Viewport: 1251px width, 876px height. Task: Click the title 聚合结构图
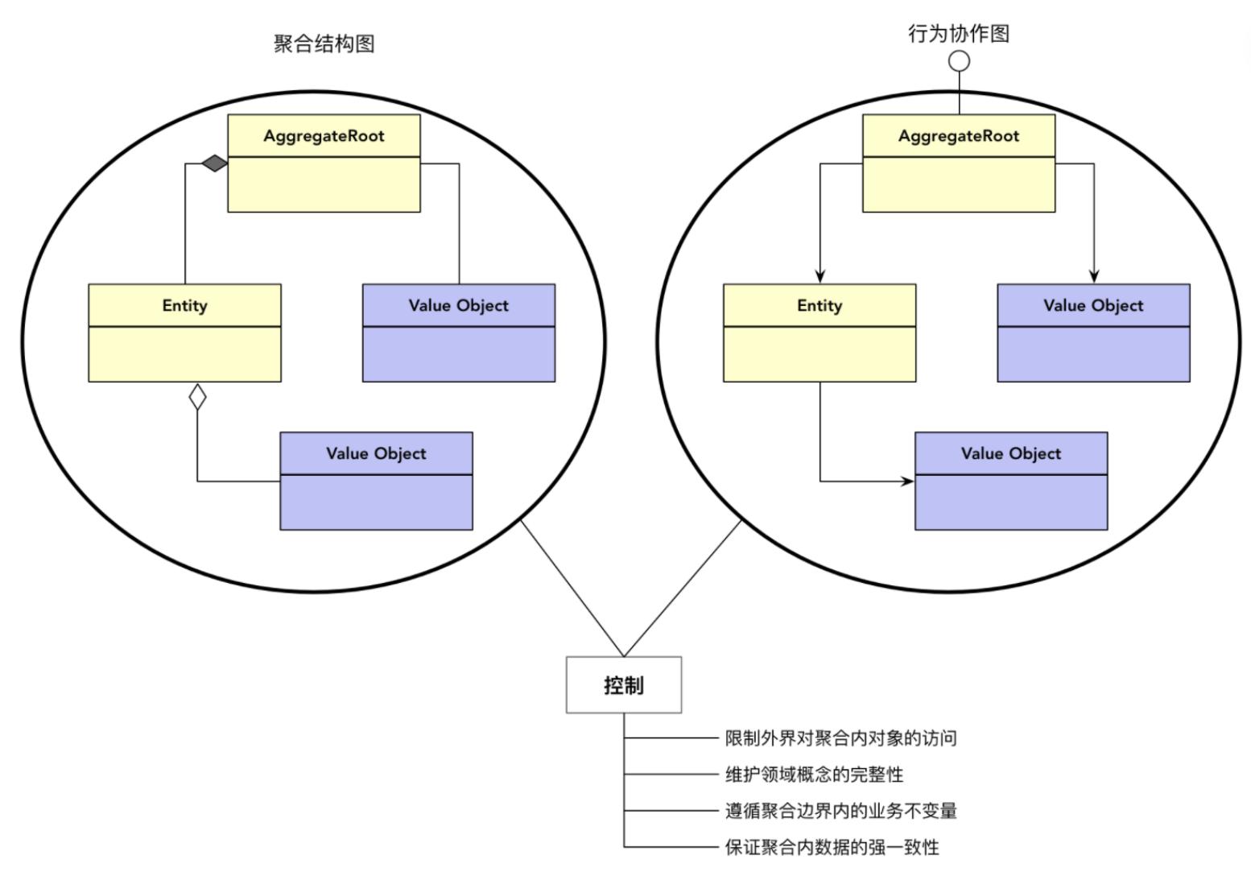pyautogui.click(x=324, y=43)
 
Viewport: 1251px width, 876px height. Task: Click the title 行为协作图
pyautogui.click(x=958, y=34)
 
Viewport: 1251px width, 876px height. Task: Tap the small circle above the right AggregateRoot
pyautogui.click(x=959, y=60)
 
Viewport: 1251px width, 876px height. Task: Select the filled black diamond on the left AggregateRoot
pyautogui.click(x=214, y=164)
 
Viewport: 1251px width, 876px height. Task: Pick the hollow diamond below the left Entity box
pyautogui.click(x=197, y=397)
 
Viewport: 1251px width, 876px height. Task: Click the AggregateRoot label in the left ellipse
pyautogui.click(x=324, y=136)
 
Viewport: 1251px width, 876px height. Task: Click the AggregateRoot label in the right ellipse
pyautogui.click(x=959, y=136)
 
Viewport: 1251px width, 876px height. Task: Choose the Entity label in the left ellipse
pyautogui.click(x=184, y=305)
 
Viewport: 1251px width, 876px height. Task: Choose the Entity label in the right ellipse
pyautogui.click(x=820, y=305)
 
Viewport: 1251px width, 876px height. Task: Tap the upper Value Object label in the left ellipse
pyautogui.click(x=458, y=305)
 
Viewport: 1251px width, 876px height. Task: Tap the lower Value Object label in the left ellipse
pyautogui.click(x=376, y=453)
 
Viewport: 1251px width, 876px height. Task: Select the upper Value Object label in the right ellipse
pyautogui.click(x=1093, y=305)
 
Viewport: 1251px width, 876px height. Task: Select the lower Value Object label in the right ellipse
pyautogui.click(x=1011, y=453)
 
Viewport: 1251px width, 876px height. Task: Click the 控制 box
pyautogui.click(x=624, y=685)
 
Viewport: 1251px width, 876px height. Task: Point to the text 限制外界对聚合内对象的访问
pyautogui.click(x=840, y=738)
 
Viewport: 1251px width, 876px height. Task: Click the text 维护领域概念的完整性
pyautogui.click(x=814, y=775)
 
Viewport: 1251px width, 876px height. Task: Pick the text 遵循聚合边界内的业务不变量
pyautogui.click(x=840, y=811)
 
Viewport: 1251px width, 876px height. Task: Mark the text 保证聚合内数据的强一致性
pyautogui.click(x=832, y=847)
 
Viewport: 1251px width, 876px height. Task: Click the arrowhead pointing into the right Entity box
pyautogui.click(x=820, y=276)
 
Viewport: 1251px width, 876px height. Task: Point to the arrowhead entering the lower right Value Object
pyautogui.click(x=907, y=481)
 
